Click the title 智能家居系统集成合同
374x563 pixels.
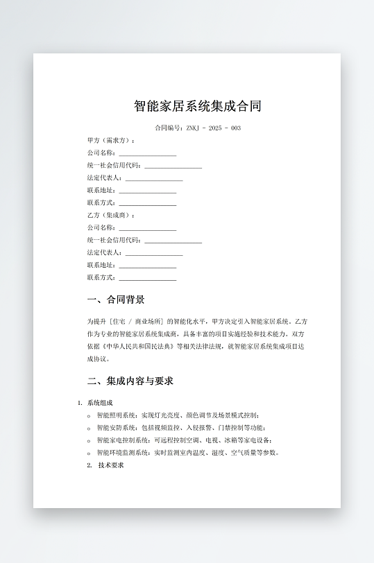tap(198, 106)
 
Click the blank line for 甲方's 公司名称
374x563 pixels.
tap(147, 154)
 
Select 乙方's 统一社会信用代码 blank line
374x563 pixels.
tap(173, 241)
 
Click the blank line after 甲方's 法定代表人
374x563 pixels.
tap(153, 179)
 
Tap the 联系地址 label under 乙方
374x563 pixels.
tap(101, 266)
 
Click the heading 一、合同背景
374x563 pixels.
tap(116, 300)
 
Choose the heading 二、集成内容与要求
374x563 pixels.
tap(130, 381)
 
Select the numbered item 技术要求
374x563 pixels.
tap(111, 465)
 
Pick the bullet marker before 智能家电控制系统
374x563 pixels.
tap(89, 441)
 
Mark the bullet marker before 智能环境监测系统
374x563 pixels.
tap(89, 453)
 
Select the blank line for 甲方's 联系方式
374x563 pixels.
tap(147, 204)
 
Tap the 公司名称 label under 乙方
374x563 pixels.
tap(101, 228)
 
